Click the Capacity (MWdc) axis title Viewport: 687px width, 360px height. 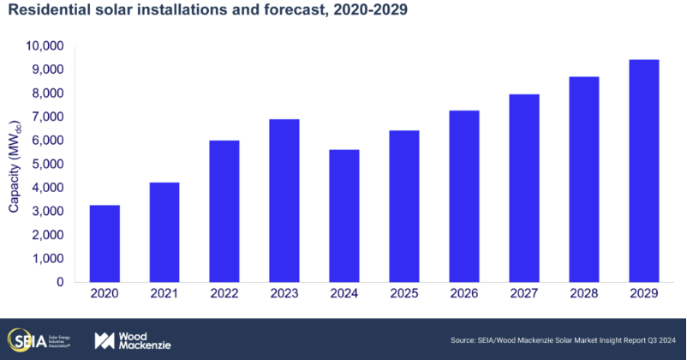click(x=15, y=163)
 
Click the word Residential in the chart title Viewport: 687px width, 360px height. click(x=45, y=12)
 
